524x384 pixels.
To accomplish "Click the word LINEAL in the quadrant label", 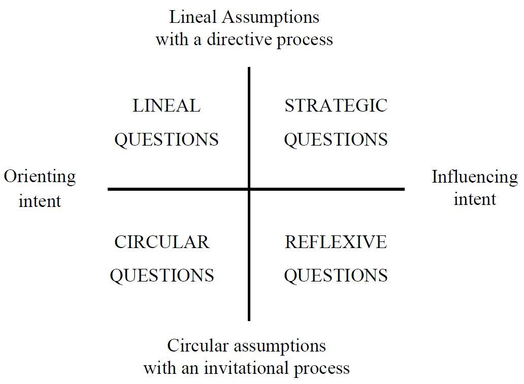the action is point(166,106).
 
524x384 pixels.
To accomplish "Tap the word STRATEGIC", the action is point(336,106).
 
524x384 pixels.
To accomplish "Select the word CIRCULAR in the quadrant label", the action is point(161,242).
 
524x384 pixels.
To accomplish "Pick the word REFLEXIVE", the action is point(336,242).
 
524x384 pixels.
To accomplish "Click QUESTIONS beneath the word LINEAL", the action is point(166,139).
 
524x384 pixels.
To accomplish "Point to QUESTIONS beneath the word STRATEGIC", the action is point(336,139).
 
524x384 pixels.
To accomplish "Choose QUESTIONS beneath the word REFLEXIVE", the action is point(336,275).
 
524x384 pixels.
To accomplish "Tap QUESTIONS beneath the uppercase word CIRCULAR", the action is point(161,275).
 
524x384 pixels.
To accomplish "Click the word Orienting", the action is point(40,177).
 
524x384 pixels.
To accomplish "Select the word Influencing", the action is point(474,177).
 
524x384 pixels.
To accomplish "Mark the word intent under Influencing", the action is point(474,199).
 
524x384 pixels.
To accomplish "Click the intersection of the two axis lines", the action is point(249,189).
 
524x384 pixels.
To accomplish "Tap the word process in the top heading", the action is point(305,40).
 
